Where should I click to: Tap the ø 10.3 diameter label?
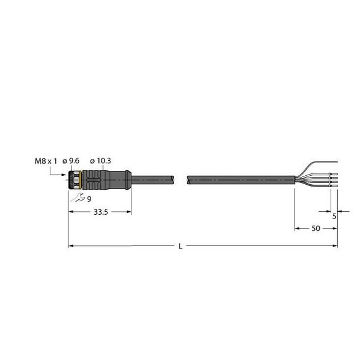coord(100,160)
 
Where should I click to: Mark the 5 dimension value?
coord(334,217)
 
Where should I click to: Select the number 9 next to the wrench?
coord(89,199)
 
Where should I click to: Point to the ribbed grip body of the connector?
coord(95,178)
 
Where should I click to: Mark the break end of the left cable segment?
coord(175,178)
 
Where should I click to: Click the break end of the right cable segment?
coord(189,178)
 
